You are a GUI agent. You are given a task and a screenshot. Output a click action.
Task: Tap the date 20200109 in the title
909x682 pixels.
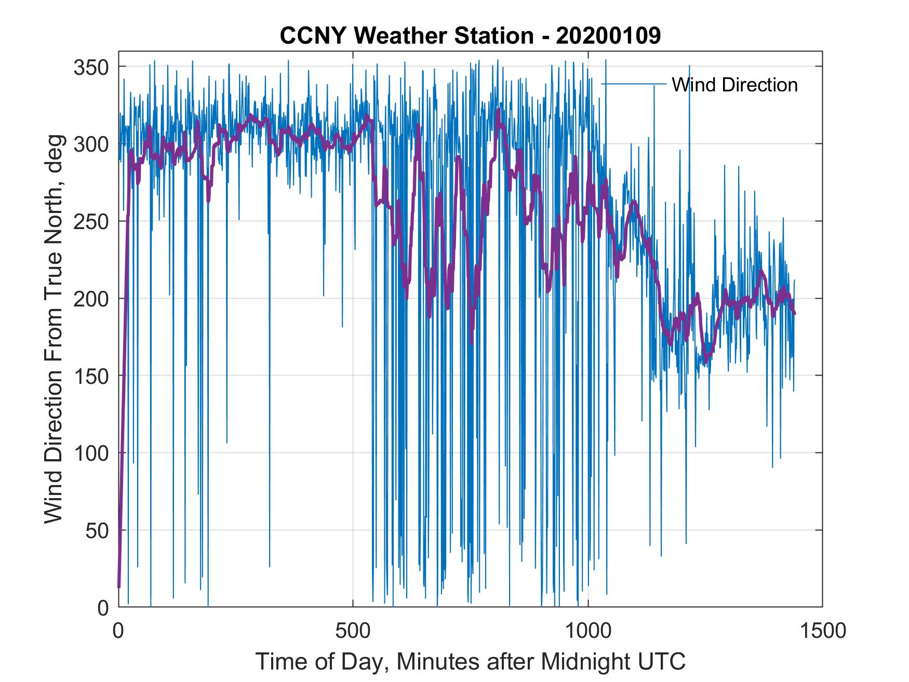[608, 36]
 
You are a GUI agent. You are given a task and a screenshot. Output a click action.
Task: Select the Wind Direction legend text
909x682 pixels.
[734, 85]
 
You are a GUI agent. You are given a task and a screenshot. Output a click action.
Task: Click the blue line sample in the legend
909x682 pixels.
[634, 84]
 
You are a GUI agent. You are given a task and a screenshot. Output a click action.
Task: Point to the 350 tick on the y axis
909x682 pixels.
[92, 67]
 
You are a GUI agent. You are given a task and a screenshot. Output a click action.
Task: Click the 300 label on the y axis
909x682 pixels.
[92, 144]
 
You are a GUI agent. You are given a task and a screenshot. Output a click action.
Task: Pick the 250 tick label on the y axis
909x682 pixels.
[92, 221]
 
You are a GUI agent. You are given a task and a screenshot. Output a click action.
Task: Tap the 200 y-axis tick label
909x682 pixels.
[92, 299]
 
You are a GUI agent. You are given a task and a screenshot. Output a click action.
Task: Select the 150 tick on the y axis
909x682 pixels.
[92, 376]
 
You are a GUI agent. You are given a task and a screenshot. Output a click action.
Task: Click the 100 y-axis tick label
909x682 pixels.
[92, 453]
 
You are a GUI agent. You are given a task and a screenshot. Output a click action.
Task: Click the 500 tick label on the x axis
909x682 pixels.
[353, 631]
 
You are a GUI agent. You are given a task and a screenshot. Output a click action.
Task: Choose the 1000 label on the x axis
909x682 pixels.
[588, 631]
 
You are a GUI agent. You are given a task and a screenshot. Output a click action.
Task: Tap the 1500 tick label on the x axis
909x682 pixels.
[822, 631]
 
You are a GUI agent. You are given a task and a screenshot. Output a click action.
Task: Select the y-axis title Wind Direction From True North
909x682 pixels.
[54, 329]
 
